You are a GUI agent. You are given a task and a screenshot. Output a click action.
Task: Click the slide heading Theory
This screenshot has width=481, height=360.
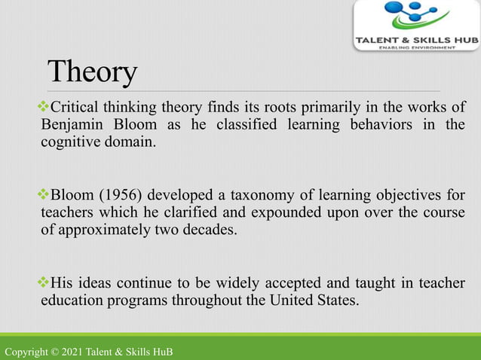[x=92, y=72]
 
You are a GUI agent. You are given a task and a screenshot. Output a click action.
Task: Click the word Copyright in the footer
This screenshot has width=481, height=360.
[x=27, y=352]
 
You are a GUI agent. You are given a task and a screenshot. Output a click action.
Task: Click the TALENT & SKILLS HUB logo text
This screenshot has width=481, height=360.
[x=415, y=38]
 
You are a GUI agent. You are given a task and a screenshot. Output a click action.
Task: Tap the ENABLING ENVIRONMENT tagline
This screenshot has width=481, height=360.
[x=416, y=47]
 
